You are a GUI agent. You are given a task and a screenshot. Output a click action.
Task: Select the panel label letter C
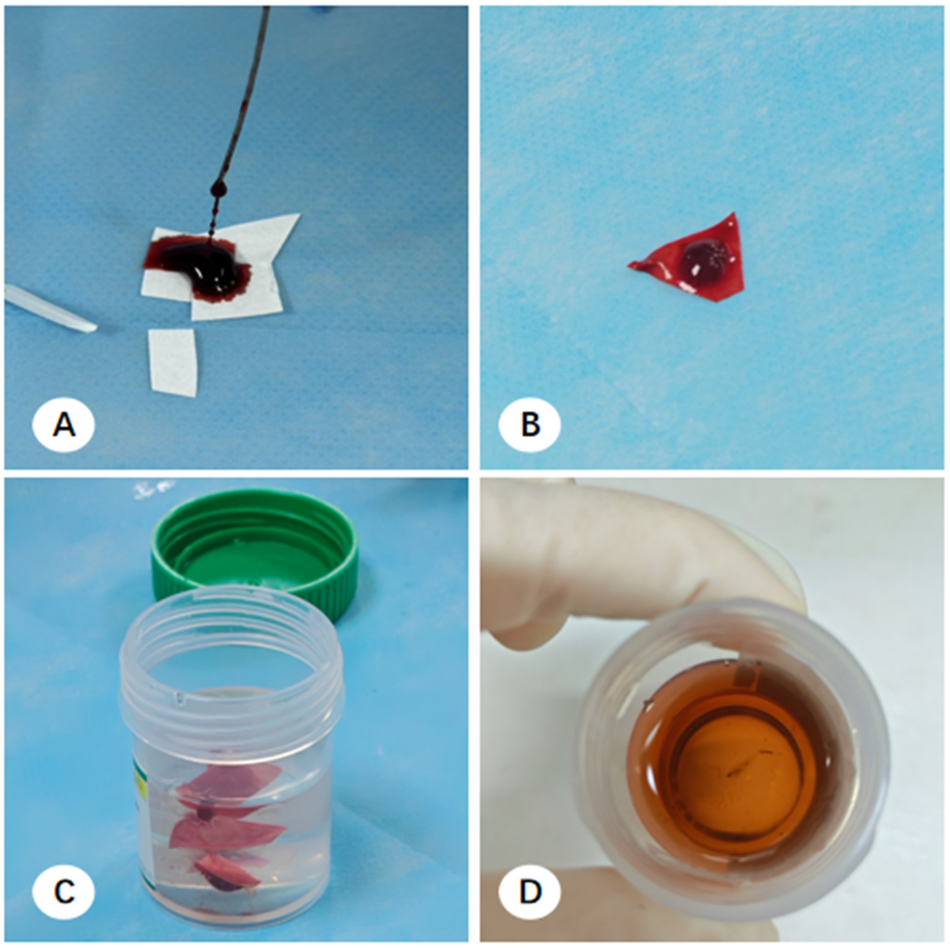coord(64,891)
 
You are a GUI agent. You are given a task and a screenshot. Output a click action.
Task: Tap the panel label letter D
coord(530,891)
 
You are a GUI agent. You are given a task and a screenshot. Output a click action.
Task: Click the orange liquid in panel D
coord(733,767)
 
